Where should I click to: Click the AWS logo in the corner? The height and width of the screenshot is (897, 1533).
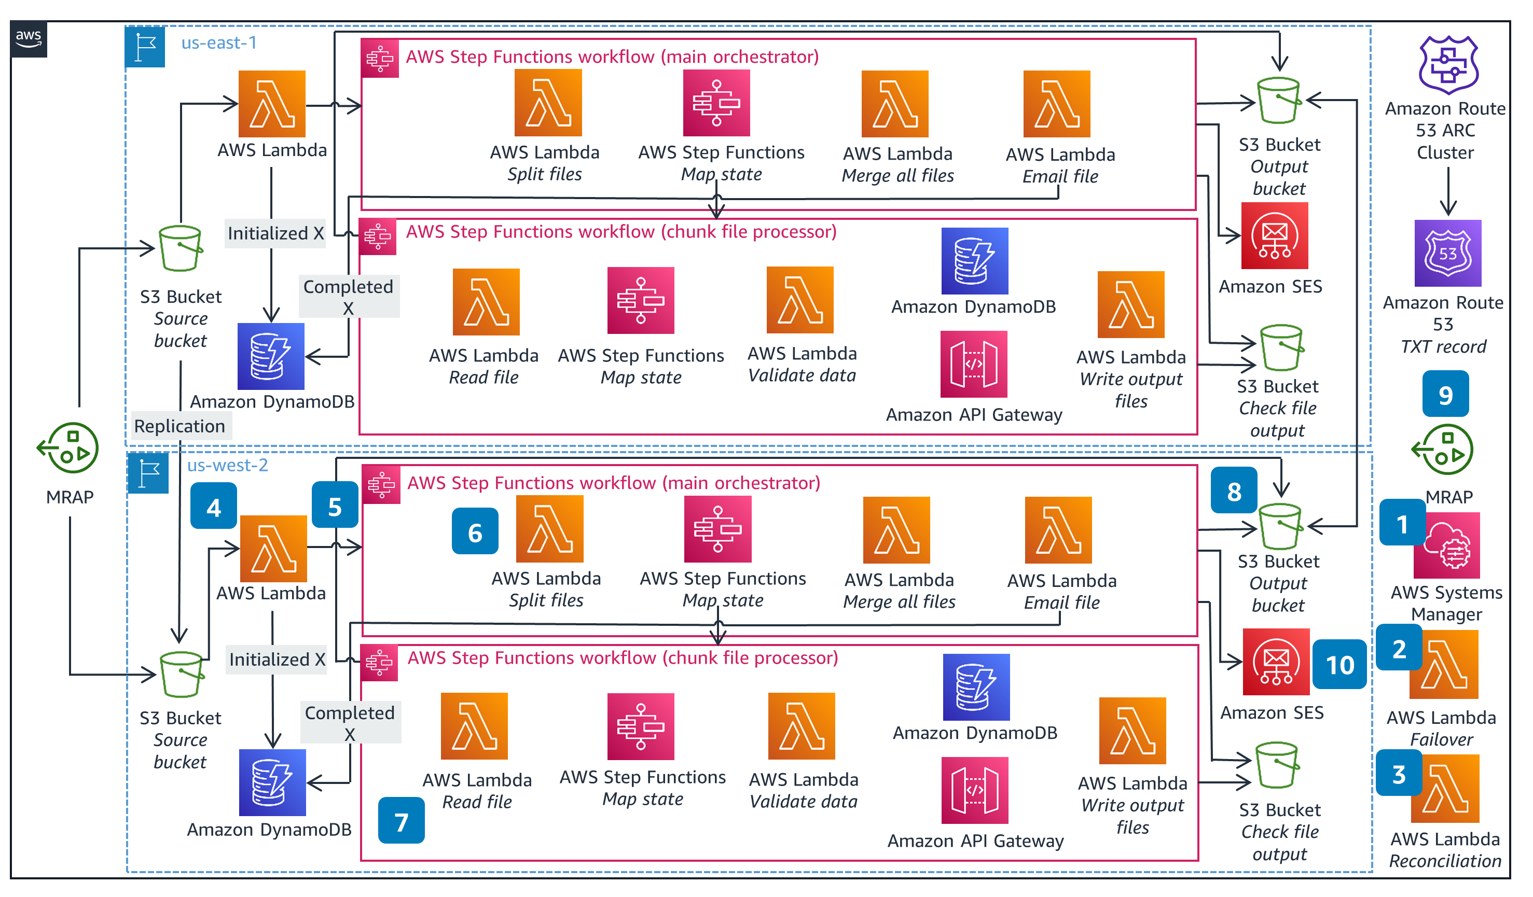(29, 39)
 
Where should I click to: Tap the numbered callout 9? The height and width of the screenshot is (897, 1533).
(1445, 394)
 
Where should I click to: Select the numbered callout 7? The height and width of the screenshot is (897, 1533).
(401, 820)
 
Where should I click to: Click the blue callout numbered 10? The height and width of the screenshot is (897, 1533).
(1339, 664)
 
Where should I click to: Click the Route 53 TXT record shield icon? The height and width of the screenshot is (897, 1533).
(1447, 253)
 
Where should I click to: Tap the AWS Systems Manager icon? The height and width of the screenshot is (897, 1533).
(1446, 545)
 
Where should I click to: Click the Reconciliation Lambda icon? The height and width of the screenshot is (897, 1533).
(1444, 789)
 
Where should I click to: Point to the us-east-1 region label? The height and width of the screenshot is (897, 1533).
(219, 43)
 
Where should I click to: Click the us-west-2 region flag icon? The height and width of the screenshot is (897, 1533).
(148, 472)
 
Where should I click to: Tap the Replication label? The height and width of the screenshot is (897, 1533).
(179, 426)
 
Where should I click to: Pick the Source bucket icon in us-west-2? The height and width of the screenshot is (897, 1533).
(181, 675)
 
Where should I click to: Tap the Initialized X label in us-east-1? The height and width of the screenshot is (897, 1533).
(275, 233)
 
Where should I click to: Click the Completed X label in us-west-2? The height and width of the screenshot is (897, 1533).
(350, 722)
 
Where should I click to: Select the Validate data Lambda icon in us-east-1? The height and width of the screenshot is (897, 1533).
(799, 300)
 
